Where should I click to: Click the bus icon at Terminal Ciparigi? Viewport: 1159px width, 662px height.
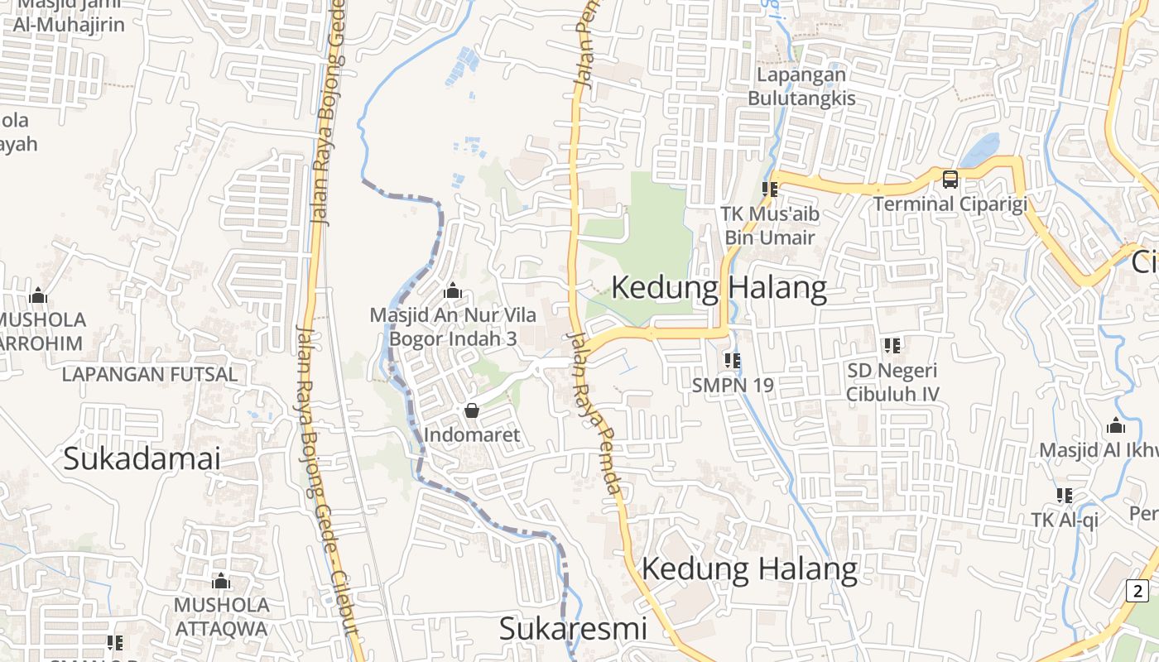(x=950, y=179)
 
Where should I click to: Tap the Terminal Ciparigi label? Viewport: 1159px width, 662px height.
(x=950, y=204)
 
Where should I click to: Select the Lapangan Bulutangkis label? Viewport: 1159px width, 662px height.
(x=801, y=86)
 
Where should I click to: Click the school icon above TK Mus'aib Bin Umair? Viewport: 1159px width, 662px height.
(x=770, y=189)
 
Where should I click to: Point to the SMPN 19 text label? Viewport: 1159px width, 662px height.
(x=733, y=385)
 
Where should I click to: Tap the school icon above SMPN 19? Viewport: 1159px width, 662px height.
(x=732, y=360)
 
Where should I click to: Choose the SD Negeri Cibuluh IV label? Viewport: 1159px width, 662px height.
(x=892, y=382)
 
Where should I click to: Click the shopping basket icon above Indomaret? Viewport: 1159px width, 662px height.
(x=472, y=410)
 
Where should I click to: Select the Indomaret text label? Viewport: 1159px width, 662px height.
(x=472, y=435)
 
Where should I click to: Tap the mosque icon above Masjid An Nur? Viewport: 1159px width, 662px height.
(x=452, y=291)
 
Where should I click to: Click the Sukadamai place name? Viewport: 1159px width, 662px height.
(x=142, y=458)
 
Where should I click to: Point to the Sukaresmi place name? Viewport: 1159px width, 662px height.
(x=573, y=629)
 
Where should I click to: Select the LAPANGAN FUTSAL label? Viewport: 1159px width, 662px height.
(x=150, y=374)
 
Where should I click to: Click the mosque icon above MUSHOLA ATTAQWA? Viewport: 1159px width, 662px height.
(x=220, y=581)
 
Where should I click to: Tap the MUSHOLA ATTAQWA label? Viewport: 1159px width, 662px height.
(x=221, y=616)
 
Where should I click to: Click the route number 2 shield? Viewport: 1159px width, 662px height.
(x=1137, y=591)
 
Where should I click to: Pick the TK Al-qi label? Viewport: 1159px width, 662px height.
(x=1065, y=520)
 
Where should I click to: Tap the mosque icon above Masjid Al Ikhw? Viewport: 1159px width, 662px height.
(x=1116, y=426)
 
